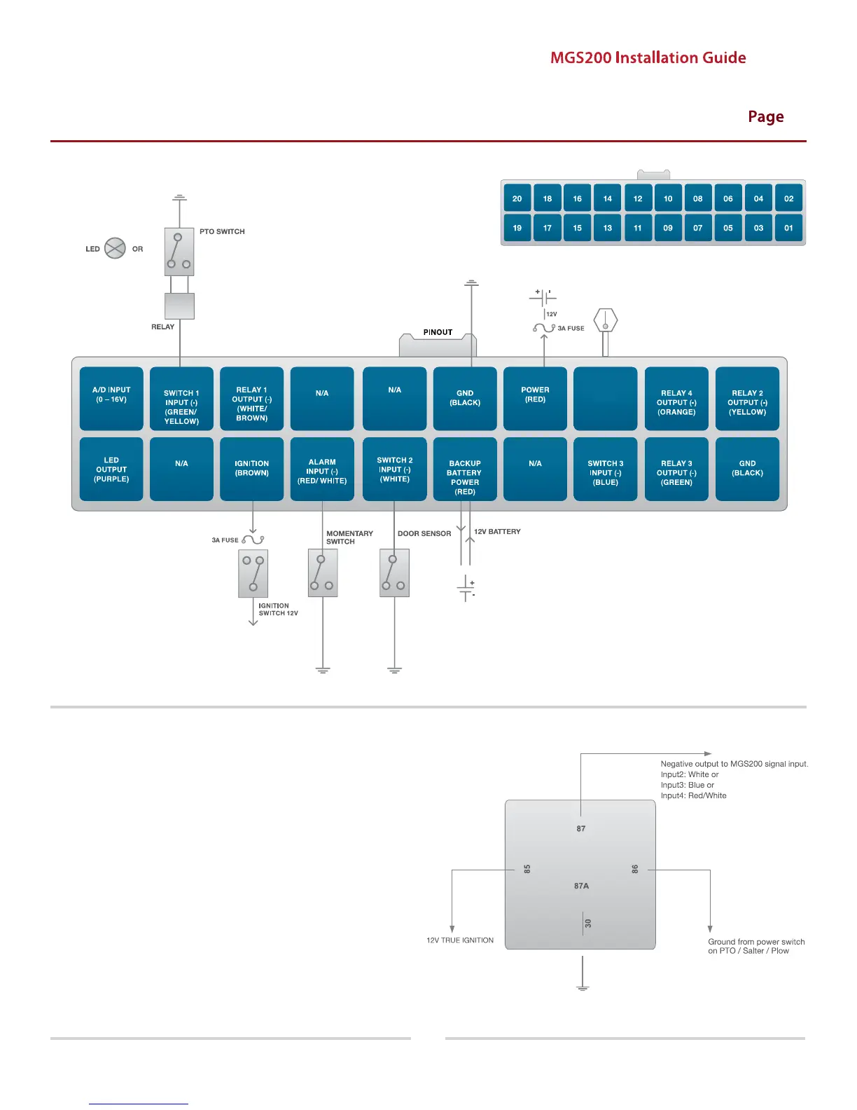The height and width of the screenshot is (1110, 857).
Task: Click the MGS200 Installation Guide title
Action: [x=648, y=58]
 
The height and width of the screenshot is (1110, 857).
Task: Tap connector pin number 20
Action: [x=517, y=198]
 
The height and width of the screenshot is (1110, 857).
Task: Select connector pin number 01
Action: [x=788, y=228]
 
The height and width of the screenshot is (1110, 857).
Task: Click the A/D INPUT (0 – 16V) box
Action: [x=111, y=398]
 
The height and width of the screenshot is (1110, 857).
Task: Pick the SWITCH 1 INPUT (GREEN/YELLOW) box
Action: [x=181, y=399]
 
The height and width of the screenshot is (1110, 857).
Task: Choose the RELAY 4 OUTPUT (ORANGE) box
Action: [x=676, y=399]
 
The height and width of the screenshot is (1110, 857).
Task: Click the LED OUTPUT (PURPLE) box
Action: [x=111, y=469]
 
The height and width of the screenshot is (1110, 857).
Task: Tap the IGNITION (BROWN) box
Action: [x=251, y=469]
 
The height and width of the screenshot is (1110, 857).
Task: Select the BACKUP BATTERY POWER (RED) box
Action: [x=465, y=469]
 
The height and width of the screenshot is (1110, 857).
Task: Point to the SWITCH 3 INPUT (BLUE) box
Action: [x=605, y=469]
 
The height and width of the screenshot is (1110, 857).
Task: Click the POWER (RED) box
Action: [x=535, y=398]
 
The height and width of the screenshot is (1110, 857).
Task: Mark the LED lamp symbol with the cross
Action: [x=115, y=248]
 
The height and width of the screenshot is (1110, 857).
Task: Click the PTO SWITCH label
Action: [x=222, y=231]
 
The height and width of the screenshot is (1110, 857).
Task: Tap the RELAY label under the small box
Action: [x=162, y=327]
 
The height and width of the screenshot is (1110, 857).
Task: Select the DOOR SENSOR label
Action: [x=424, y=533]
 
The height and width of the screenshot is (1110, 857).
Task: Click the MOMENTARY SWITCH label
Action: [x=349, y=537]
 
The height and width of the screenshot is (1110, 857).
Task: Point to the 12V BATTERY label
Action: [x=497, y=532]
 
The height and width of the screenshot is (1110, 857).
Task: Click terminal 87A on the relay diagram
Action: [x=581, y=886]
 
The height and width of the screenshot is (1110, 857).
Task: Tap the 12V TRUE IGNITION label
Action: [x=460, y=940]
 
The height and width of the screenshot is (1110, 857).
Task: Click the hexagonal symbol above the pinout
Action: [x=605, y=321]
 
